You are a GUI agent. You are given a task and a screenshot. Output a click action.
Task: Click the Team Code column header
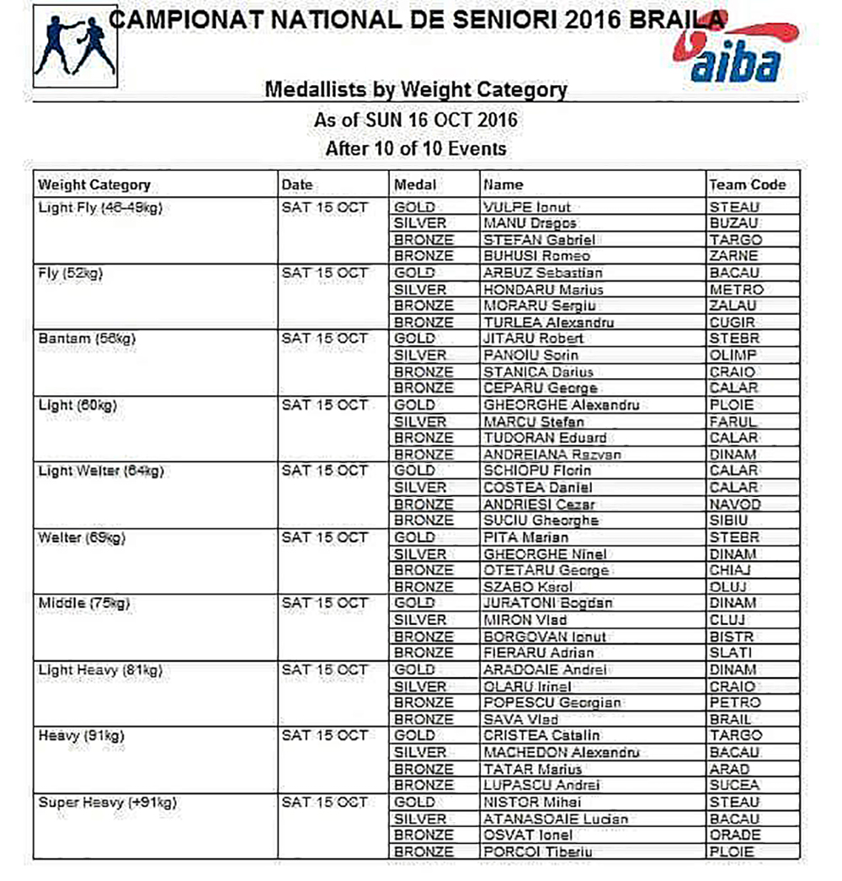click(x=747, y=184)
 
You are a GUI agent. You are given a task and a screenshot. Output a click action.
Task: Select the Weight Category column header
click(x=94, y=184)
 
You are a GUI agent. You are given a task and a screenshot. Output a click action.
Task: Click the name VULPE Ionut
click(x=527, y=206)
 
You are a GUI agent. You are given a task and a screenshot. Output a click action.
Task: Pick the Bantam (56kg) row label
click(x=88, y=339)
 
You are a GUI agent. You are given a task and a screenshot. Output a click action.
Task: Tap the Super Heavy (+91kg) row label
click(x=109, y=802)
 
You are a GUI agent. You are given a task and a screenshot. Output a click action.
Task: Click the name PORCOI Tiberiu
click(x=537, y=852)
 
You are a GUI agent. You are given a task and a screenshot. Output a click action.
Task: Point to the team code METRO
click(x=735, y=289)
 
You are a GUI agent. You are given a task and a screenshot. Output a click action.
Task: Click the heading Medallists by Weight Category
click(x=416, y=90)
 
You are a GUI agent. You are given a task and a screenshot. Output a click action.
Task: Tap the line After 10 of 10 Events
click(x=416, y=149)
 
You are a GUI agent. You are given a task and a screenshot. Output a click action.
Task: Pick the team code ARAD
click(x=728, y=768)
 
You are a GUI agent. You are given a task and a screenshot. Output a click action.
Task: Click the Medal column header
click(x=415, y=184)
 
